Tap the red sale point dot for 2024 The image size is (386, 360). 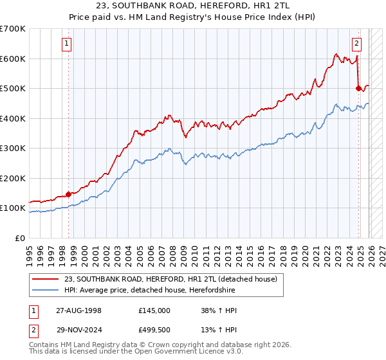tap(358, 89)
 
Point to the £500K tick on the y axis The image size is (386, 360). tap(14, 89)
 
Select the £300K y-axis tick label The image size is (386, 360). tap(14, 148)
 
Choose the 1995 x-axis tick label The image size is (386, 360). tap(30, 253)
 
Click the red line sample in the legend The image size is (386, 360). tap(46, 279)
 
